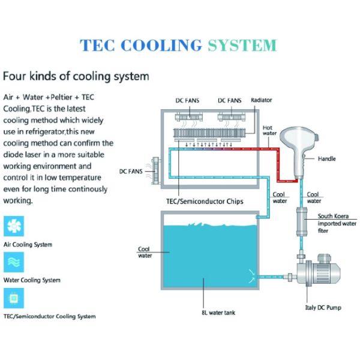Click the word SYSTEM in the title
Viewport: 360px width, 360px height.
pyautogui.click(x=242, y=45)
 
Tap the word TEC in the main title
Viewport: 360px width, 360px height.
pyautogui.click(x=97, y=45)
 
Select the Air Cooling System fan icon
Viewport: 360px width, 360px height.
pyautogui.click(x=14, y=226)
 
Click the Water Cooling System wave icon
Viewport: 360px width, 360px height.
pyautogui.click(x=14, y=262)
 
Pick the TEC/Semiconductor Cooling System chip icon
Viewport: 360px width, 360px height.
pyautogui.click(x=14, y=298)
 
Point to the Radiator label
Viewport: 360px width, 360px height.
pyautogui.click(x=261, y=100)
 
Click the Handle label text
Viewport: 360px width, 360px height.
pyautogui.click(x=327, y=158)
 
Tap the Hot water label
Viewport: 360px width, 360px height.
pyautogui.click(x=269, y=130)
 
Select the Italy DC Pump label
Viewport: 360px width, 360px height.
pyautogui.click(x=323, y=308)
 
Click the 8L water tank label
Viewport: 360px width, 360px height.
pyautogui.click(x=218, y=313)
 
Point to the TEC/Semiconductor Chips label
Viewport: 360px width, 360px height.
pyautogui.click(x=205, y=202)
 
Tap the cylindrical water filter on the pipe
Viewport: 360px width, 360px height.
pyautogui.click(x=302, y=221)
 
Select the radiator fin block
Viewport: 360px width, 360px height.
pyautogui.click(x=209, y=133)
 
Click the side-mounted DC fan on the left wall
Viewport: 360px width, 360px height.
pyautogui.click(x=155, y=170)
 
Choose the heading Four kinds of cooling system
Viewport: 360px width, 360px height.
pyautogui.click(x=76, y=76)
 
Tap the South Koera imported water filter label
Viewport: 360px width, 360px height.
pyautogui.click(x=337, y=223)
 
